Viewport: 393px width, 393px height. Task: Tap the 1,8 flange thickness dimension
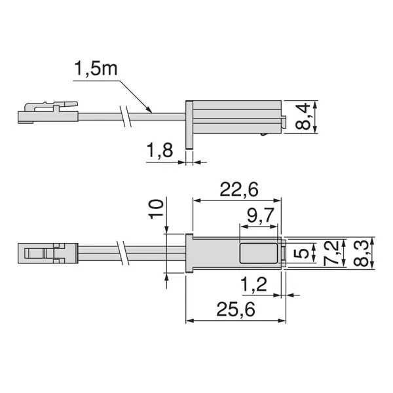point(159,151)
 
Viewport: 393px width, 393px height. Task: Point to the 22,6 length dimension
point(238,189)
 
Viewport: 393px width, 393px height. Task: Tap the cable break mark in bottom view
point(125,253)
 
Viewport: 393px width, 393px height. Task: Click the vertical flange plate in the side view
point(189,124)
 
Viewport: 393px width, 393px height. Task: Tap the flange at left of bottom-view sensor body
point(190,252)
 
